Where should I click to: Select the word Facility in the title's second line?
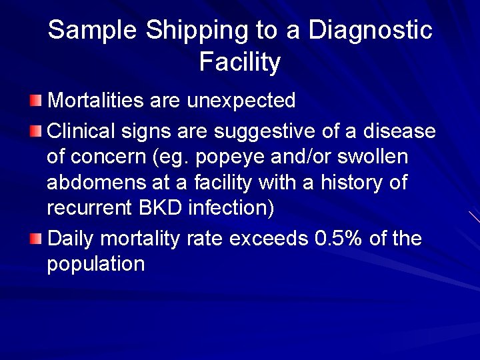[240, 62]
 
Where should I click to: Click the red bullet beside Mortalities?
[35, 101]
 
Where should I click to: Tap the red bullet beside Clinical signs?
[35, 131]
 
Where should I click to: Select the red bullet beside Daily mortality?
[35, 237]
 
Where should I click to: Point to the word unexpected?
[241, 101]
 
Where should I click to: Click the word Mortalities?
[96, 101]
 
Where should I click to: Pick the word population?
[95, 264]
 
